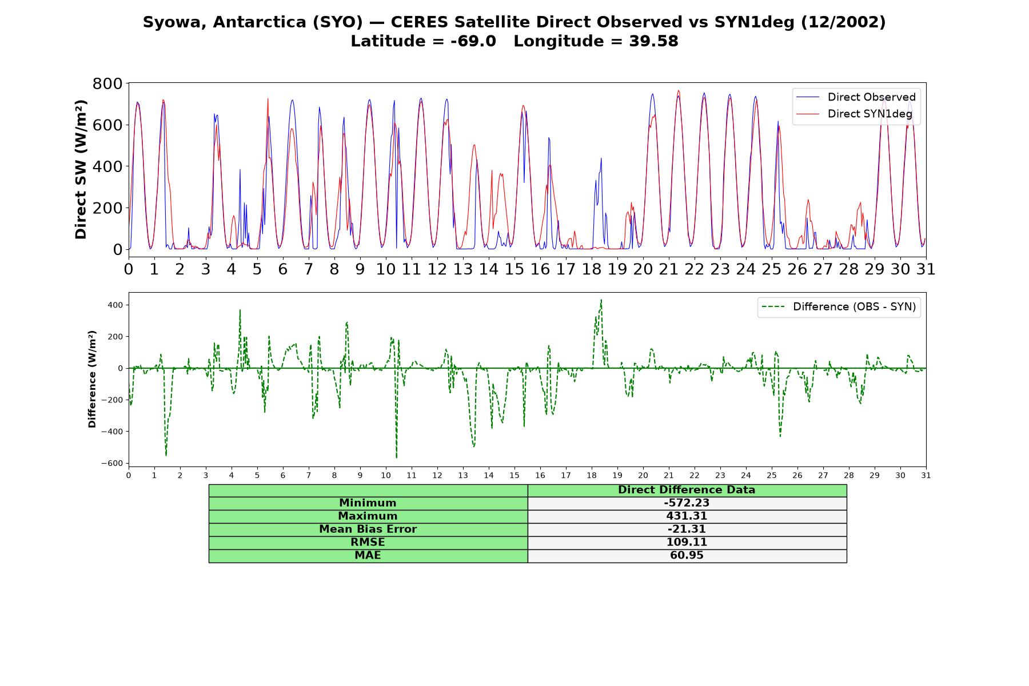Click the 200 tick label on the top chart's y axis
point(107,208)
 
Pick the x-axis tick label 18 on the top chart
point(591,269)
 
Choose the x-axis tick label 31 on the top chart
point(926,269)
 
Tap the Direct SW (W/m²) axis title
point(81,170)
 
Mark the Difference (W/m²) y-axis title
point(92,380)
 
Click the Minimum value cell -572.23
point(687,503)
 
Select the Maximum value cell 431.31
point(687,516)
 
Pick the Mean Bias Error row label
point(368,529)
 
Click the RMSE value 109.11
point(687,543)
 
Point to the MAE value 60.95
point(687,556)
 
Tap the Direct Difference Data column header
point(687,490)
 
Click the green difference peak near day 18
point(601,300)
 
